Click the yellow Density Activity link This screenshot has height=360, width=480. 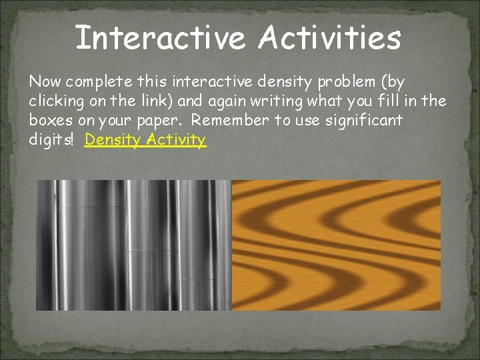tap(145, 140)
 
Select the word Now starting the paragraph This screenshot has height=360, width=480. tap(43, 82)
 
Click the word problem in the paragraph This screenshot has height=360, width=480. tap(355, 83)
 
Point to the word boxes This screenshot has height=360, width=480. tap(48, 121)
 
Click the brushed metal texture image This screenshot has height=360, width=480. tap(133, 245)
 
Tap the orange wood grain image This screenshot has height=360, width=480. tap(336, 245)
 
